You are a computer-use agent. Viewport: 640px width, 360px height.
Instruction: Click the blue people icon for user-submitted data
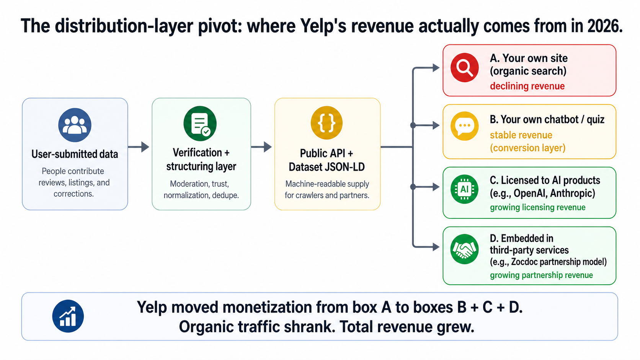click(75, 125)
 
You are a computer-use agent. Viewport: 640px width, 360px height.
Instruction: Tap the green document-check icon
click(200, 124)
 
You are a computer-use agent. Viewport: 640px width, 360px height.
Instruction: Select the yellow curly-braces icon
click(327, 123)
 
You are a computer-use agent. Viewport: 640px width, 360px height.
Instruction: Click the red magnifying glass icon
click(464, 68)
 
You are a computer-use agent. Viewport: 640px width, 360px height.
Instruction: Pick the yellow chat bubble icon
click(464, 126)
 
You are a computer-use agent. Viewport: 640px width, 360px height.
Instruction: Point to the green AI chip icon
click(464, 189)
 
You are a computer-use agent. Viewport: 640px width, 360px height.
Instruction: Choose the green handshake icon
click(464, 249)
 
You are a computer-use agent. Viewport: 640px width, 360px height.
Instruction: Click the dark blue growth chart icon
click(68, 316)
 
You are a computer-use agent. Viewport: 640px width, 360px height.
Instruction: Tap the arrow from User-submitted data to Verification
click(139, 147)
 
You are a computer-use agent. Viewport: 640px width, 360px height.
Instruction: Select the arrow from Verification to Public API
click(262, 147)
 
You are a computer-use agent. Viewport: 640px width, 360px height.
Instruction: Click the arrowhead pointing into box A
click(436, 68)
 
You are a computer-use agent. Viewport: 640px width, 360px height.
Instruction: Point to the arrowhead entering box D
click(436, 247)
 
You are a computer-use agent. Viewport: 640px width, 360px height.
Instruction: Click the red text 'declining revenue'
click(527, 86)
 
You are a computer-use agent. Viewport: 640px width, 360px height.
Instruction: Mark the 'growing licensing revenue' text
click(537, 207)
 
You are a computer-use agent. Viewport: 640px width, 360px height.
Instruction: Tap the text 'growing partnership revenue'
click(541, 275)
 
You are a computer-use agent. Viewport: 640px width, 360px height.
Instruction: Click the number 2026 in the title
click(603, 26)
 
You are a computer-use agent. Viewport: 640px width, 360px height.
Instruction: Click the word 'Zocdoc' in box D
click(526, 262)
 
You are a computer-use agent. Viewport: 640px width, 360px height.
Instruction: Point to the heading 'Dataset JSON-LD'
click(327, 167)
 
